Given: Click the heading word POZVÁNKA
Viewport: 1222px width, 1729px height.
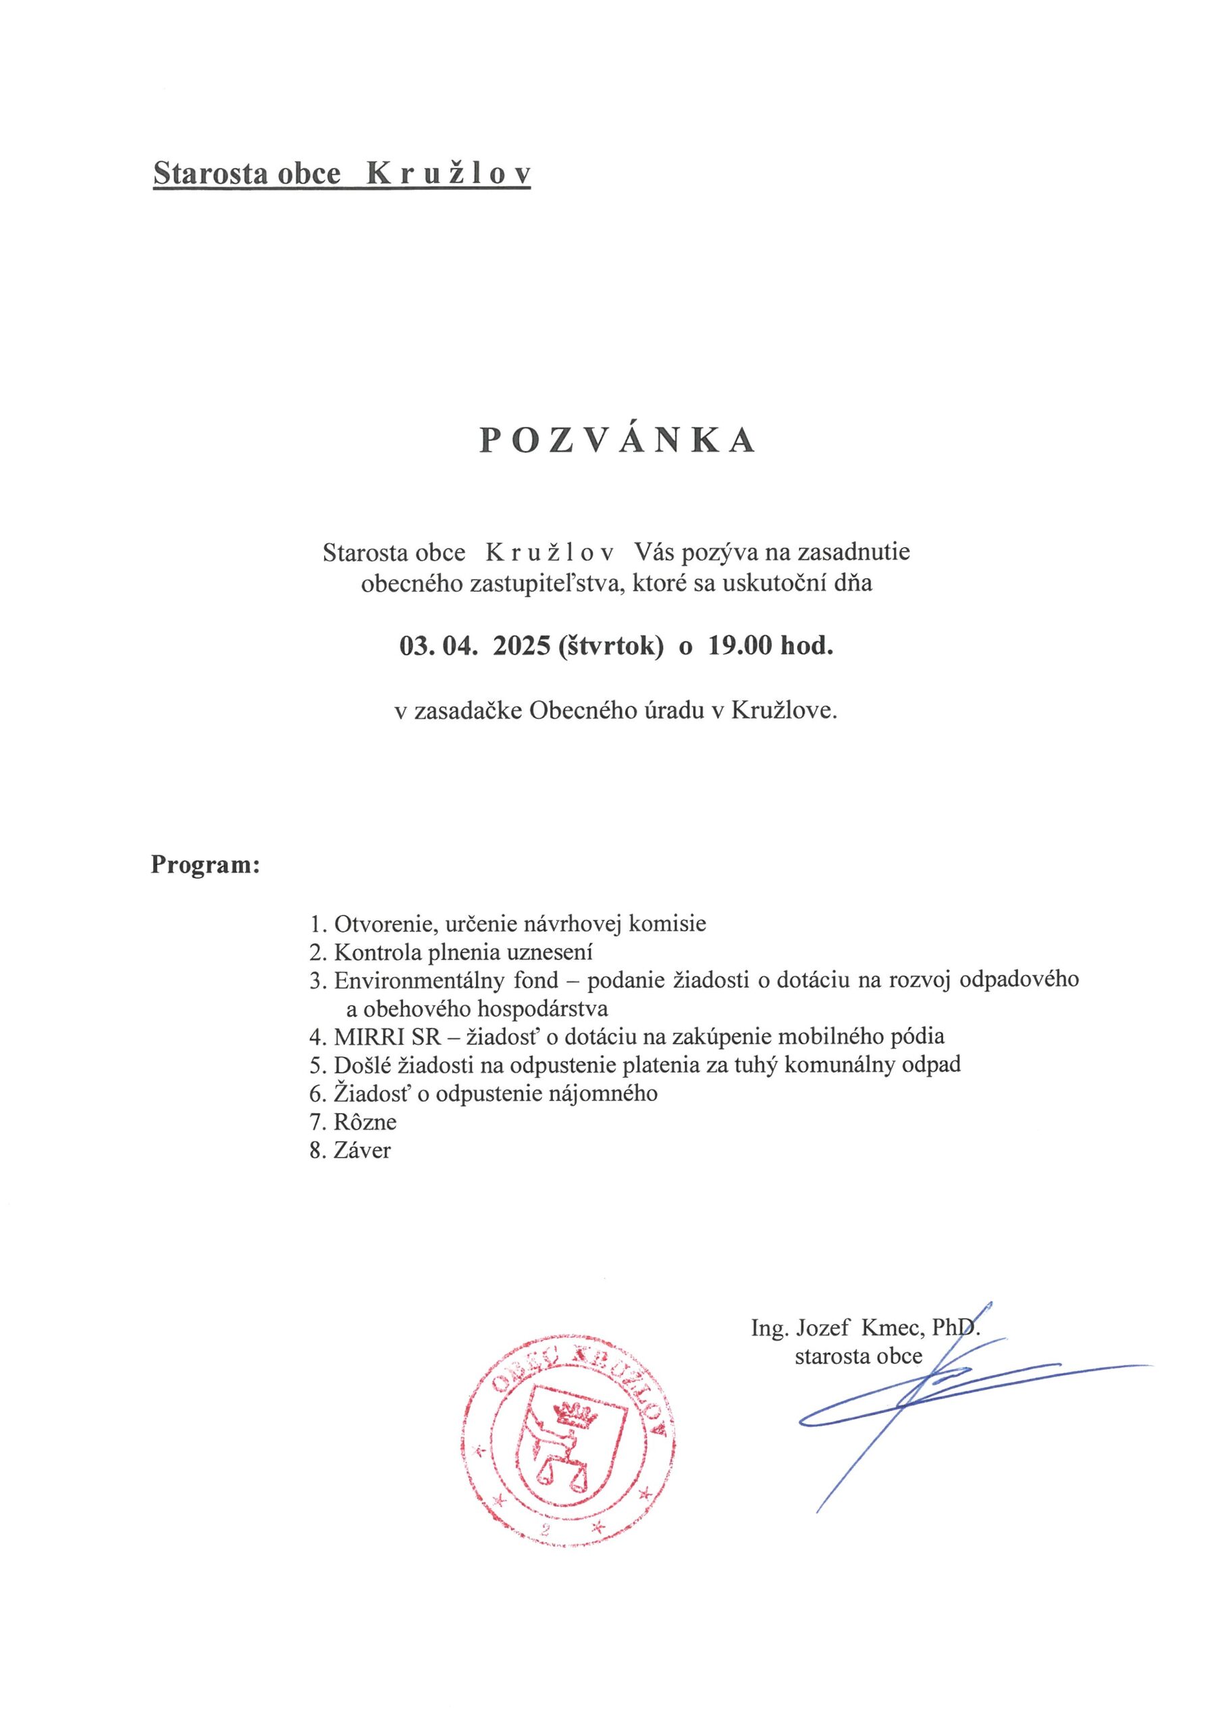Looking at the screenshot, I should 617,441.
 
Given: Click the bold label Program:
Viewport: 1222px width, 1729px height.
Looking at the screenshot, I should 205,864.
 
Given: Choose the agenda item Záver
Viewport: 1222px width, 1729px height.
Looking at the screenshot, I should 362,1151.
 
